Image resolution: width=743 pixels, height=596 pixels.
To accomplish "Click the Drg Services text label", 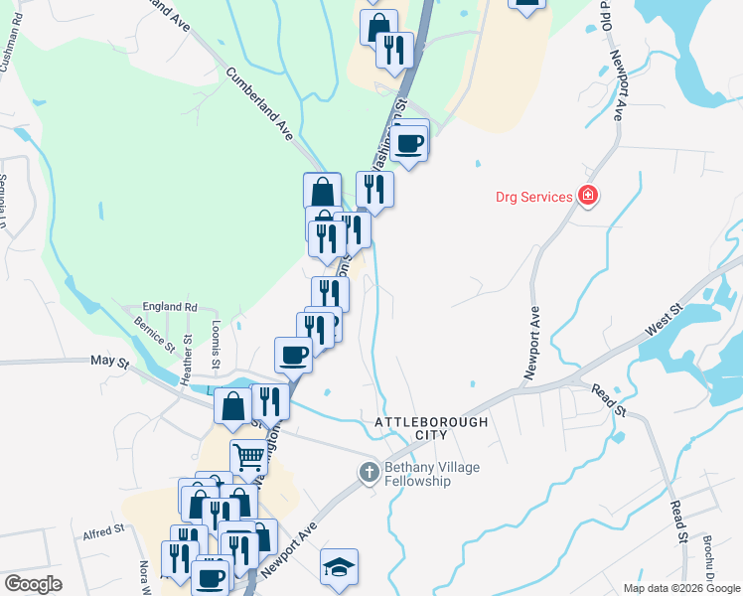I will click(534, 196).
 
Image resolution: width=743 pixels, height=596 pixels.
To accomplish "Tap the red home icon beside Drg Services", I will click(588, 196).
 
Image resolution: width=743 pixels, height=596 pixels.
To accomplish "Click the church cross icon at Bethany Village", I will click(369, 472).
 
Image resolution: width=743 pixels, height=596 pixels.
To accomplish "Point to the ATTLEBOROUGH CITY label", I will click(432, 428).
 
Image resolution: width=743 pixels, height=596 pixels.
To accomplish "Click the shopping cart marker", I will click(248, 458).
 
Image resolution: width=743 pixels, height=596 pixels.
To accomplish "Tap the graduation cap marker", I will click(339, 567).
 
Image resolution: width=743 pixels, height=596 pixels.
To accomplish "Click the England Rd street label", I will click(171, 307).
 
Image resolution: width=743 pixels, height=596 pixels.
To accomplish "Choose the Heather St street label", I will click(186, 367).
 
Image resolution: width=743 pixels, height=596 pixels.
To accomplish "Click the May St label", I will click(110, 364).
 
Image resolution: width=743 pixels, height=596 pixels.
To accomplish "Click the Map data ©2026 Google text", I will click(681, 588).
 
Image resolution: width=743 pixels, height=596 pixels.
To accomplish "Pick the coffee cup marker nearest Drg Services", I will click(409, 142).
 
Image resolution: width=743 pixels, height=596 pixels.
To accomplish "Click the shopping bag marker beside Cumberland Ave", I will click(323, 191).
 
